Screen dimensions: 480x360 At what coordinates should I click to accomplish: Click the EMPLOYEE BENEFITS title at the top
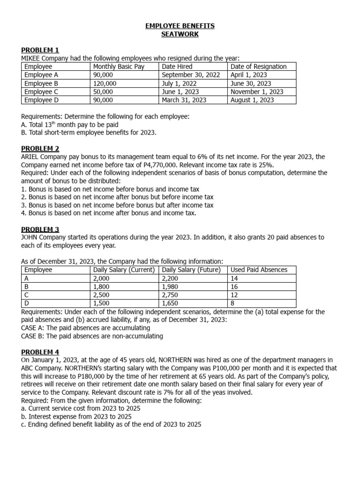[180, 26]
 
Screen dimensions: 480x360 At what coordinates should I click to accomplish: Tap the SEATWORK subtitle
[180, 34]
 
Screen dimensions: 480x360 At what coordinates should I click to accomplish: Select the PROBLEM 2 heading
[40, 149]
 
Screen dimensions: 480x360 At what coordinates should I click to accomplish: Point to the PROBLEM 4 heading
[40, 352]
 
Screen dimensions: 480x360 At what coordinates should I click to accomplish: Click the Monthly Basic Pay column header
[119, 67]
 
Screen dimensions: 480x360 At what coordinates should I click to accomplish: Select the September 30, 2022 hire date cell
[191, 75]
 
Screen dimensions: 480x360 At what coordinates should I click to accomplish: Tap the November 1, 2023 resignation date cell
[257, 92]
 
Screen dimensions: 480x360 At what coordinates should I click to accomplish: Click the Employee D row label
[41, 100]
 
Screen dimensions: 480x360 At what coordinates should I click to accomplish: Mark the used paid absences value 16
[234, 286]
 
